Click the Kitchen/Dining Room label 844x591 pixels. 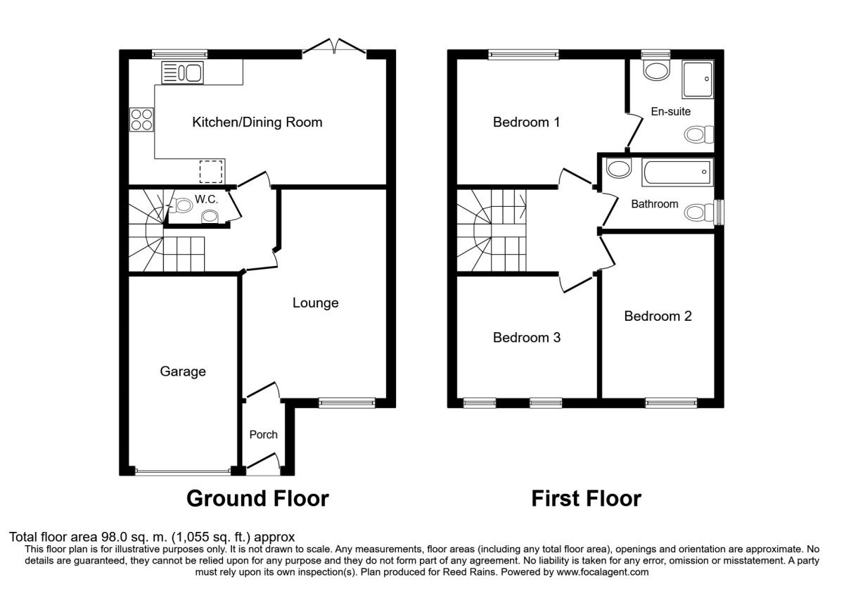pos(257,122)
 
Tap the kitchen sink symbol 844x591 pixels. pos(181,72)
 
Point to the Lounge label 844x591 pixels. pos(316,303)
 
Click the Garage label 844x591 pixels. pos(183,371)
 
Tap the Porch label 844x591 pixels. pos(263,435)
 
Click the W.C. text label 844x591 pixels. pos(206,200)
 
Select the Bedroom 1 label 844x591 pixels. pos(527,122)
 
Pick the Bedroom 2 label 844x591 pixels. pos(658,317)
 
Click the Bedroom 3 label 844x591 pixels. pos(527,338)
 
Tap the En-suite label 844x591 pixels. pos(670,111)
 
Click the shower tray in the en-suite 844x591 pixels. pos(697,79)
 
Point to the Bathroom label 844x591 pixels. pos(654,205)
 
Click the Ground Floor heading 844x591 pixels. pos(257,499)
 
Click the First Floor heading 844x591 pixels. pos(586,499)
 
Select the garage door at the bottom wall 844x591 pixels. pos(183,472)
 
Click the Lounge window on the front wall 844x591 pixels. pos(346,402)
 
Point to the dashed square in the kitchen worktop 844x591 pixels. pos(211,171)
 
